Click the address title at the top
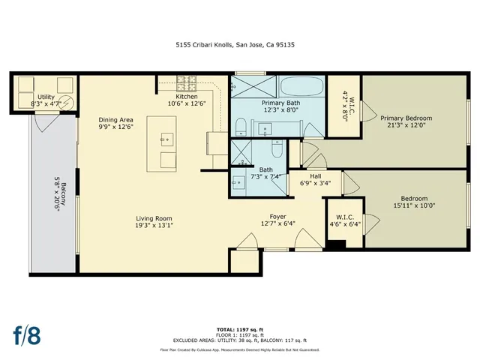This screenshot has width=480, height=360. coord(239,44)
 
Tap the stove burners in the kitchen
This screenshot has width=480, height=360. coord(187,82)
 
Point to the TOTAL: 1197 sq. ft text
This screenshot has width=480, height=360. coord(239,329)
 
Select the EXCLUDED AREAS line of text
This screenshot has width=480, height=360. coord(239,340)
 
